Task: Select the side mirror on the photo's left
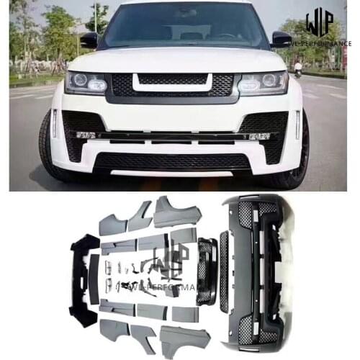tap(89, 40)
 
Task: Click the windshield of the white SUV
tap(180, 25)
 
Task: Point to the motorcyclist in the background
tap(297, 68)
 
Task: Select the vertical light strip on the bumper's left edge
tap(54, 124)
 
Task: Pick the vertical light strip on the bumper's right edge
tap(297, 124)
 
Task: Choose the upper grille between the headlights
tap(173, 84)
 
